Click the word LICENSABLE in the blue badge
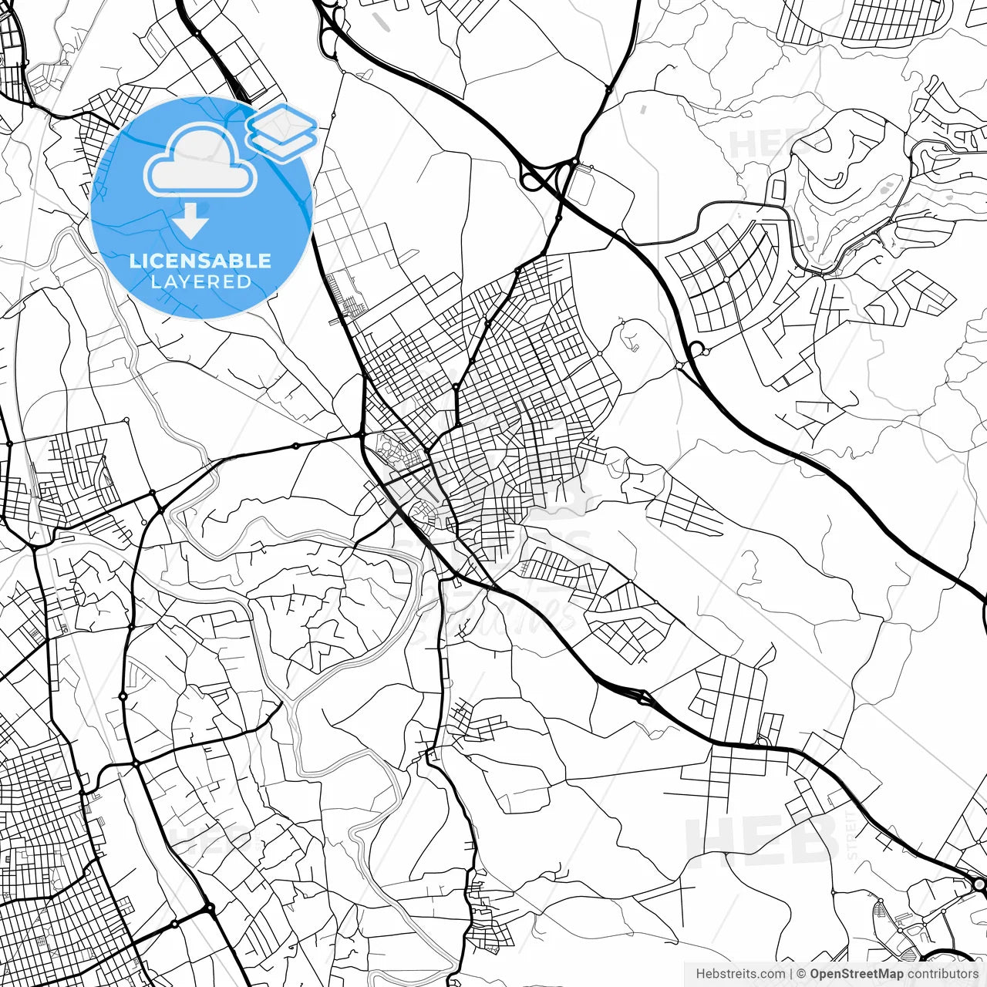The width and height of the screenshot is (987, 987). point(200,261)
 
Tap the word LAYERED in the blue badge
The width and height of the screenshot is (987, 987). point(200,281)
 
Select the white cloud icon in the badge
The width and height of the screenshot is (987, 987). point(200,160)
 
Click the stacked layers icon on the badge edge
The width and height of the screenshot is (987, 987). point(281,131)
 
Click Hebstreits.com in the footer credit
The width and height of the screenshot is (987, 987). point(741,974)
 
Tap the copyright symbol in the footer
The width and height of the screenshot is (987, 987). point(802,974)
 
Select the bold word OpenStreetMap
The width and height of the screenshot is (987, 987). point(856,974)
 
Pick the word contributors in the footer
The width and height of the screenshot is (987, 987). point(942,974)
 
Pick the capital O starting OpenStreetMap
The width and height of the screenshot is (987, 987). point(814,974)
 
